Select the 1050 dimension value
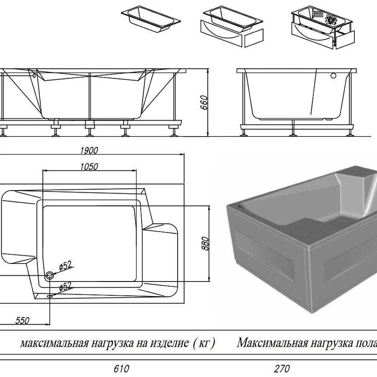coord(89,167)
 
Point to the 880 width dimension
coord(205,243)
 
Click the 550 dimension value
coord(22,320)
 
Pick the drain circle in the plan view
coord(50,275)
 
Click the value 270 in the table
coord(282,369)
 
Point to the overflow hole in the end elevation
coord(334,76)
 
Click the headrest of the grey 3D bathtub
coord(356,188)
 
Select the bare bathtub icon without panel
coord(151,19)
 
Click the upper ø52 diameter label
coord(66,265)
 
